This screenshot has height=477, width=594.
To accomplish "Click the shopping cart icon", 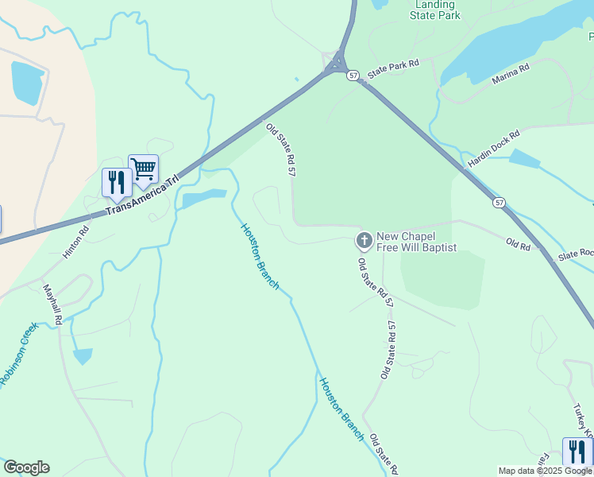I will tap(143, 169).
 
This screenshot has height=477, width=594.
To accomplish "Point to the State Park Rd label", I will tap(393, 68).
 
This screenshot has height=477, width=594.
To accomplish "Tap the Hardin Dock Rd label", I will tap(493, 149).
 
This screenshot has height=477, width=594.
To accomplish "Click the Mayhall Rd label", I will tap(52, 304).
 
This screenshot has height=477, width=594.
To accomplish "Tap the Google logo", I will tap(26, 467).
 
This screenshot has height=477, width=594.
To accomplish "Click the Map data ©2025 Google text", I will tap(545, 471).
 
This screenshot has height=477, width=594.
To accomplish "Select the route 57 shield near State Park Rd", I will tap(353, 75).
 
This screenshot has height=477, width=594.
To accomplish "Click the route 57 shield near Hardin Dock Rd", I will tap(498, 203).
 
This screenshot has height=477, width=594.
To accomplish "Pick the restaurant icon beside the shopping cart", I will tap(117, 183).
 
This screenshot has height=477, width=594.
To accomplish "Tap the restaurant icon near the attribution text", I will tap(577, 452).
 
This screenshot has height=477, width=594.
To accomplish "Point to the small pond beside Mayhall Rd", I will tap(83, 355).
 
